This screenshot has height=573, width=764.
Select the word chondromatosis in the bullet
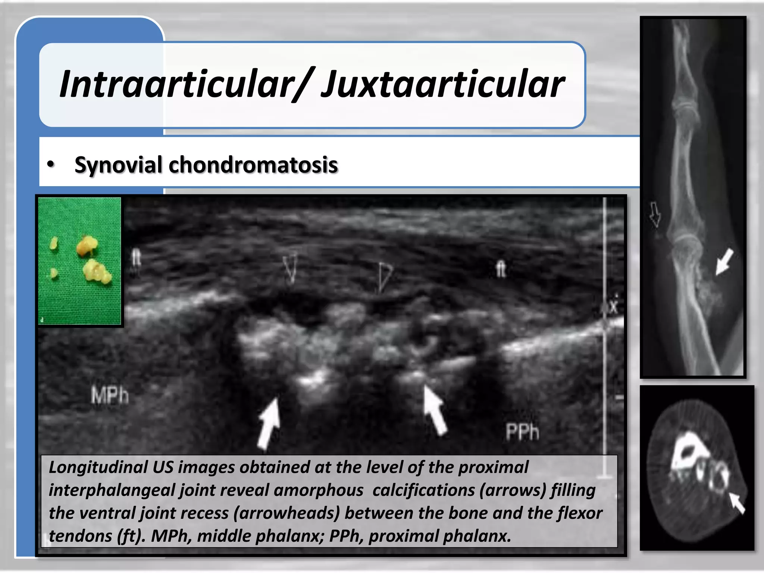(x=253, y=165)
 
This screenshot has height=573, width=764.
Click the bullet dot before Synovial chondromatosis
(x=51, y=165)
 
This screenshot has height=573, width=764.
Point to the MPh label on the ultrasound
(x=110, y=395)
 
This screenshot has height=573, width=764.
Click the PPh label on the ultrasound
(x=522, y=432)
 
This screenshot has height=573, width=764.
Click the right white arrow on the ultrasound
(x=435, y=410)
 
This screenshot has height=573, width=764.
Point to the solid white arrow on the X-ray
(x=724, y=262)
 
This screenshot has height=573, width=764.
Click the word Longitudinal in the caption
(x=98, y=467)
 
